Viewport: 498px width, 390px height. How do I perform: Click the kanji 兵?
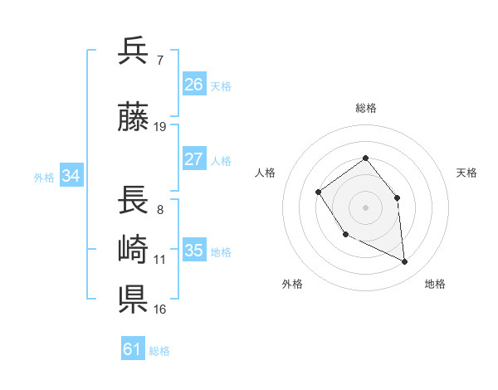click(x=134, y=51)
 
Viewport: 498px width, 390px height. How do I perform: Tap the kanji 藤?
click(x=134, y=118)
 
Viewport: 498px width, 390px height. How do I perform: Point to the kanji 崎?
click(x=134, y=250)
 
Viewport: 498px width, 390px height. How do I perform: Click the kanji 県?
click(x=134, y=299)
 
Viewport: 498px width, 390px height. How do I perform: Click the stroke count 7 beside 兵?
click(x=160, y=60)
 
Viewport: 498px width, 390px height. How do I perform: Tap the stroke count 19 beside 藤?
click(x=160, y=127)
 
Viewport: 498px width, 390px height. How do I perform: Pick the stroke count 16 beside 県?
click(x=160, y=310)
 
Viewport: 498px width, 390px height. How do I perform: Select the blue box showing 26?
click(x=193, y=85)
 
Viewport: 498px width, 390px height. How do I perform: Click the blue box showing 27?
click(x=193, y=159)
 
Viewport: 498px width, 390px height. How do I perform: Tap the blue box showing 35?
click(x=193, y=251)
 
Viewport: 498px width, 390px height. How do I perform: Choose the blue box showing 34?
click(x=71, y=175)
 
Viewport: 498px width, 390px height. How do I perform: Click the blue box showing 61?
click(x=132, y=349)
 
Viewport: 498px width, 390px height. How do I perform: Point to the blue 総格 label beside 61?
click(x=159, y=351)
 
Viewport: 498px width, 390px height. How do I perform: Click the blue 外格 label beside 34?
click(x=44, y=177)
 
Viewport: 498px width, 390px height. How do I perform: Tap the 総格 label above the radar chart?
click(x=365, y=108)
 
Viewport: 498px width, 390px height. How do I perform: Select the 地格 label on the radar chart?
click(x=435, y=284)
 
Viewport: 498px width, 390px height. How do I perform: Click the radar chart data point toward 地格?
click(x=404, y=261)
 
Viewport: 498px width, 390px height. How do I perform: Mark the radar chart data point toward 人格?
click(x=319, y=193)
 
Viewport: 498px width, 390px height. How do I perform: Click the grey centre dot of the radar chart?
click(x=365, y=207)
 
